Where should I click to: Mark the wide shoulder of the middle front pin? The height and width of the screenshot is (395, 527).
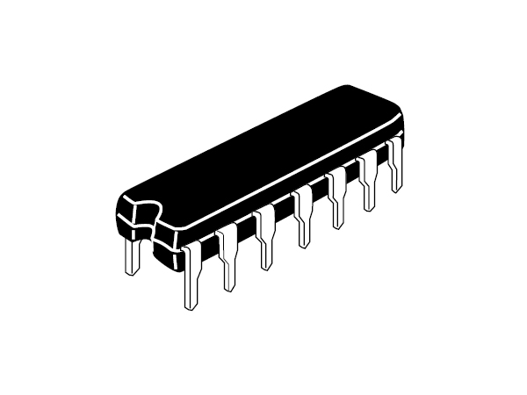tap(303, 197)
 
